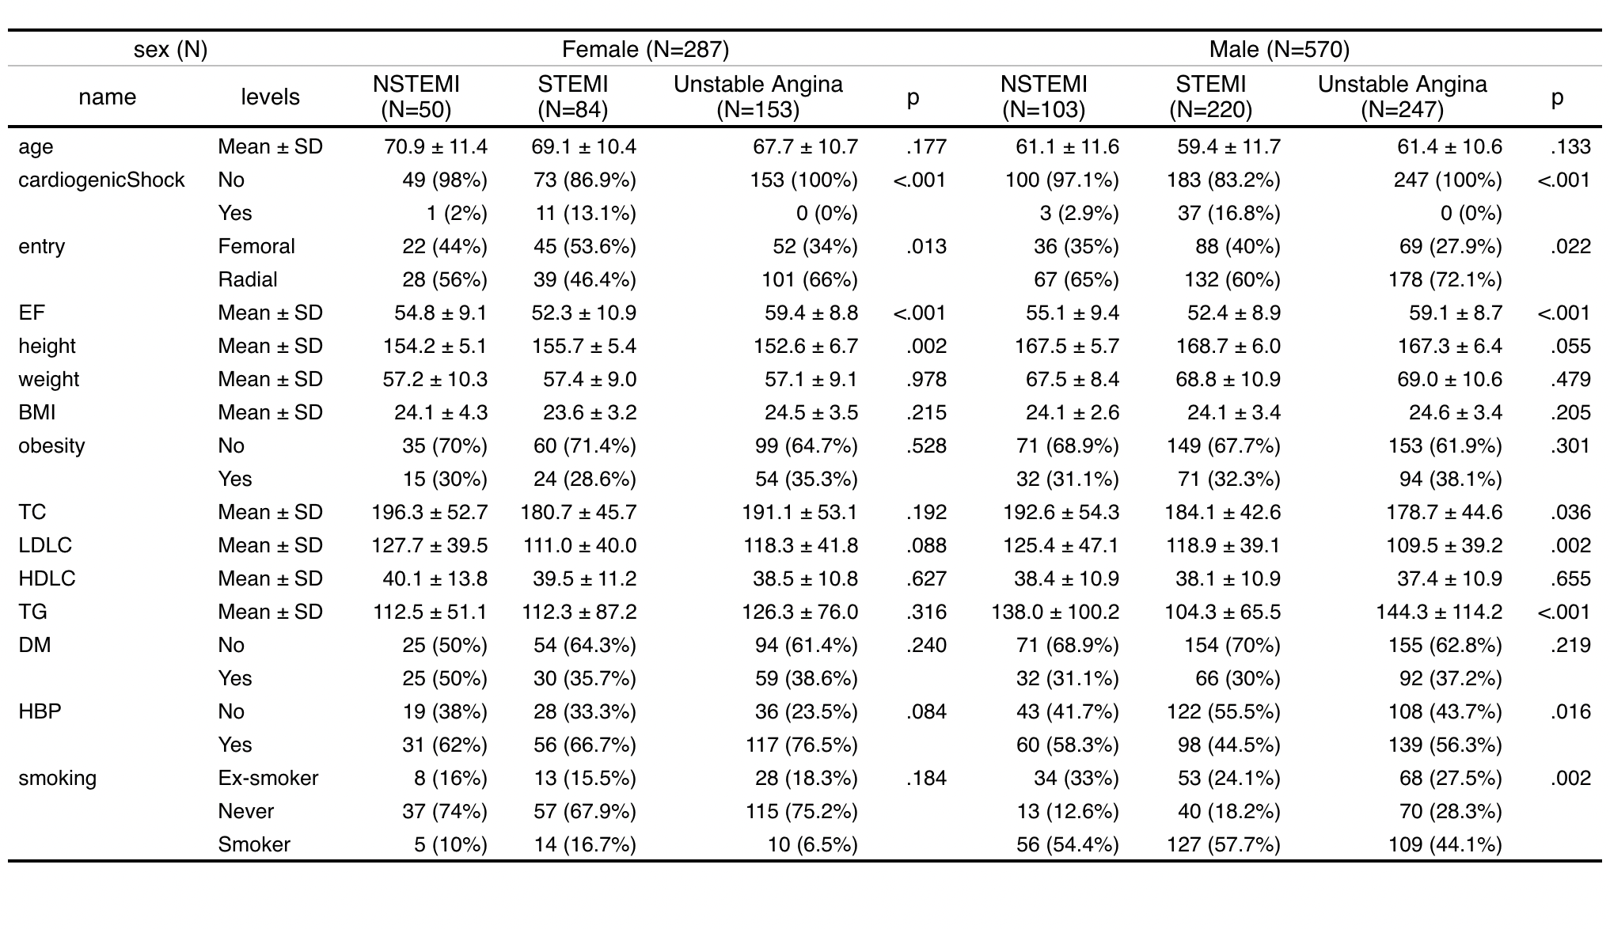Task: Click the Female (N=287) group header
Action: click(x=644, y=50)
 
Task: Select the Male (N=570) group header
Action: click(x=1278, y=50)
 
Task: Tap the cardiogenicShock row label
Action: click(x=101, y=180)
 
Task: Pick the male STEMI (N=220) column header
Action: click(x=1210, y=97)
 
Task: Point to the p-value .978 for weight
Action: click(x=926, y=380)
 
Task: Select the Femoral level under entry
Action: click(x=256, y=247)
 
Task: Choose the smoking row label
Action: click(x=57, y=779)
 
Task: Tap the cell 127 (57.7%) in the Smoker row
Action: click(x=1223, y=845)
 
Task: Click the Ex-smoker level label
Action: click(x=268, y=779)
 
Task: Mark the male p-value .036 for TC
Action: click(x=1570, y=513)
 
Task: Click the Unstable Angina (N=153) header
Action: click(x=758, y=97)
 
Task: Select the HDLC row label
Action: click(x=47, y=579)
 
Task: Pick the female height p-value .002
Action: click(x=926, y=347)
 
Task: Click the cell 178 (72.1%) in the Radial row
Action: click(x=1445, y=280)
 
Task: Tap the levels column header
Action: click(x=270, y=97)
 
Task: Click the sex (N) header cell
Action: click(x=170, y=50)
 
